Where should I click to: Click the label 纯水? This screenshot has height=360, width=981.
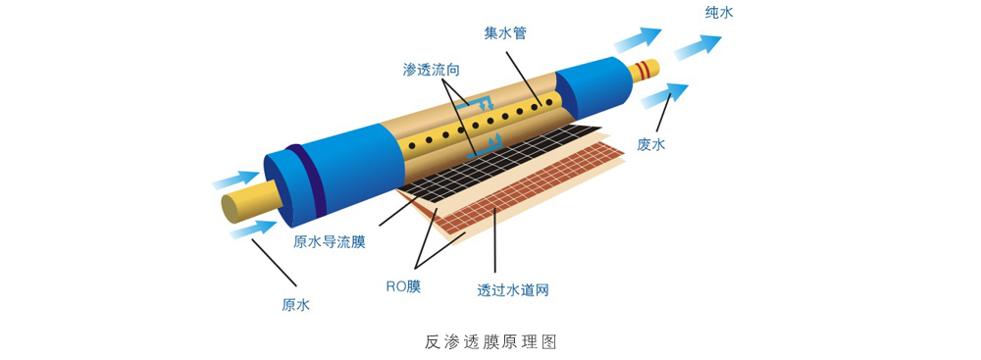[719, 13]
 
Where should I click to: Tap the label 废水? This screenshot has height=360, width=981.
[651, 144]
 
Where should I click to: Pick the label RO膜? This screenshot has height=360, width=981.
[403, 286]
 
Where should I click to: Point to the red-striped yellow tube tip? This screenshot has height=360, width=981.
[646, 70]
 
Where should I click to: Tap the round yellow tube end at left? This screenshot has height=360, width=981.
[236, 207]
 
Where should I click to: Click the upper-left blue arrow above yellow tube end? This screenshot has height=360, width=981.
[234, 180]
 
